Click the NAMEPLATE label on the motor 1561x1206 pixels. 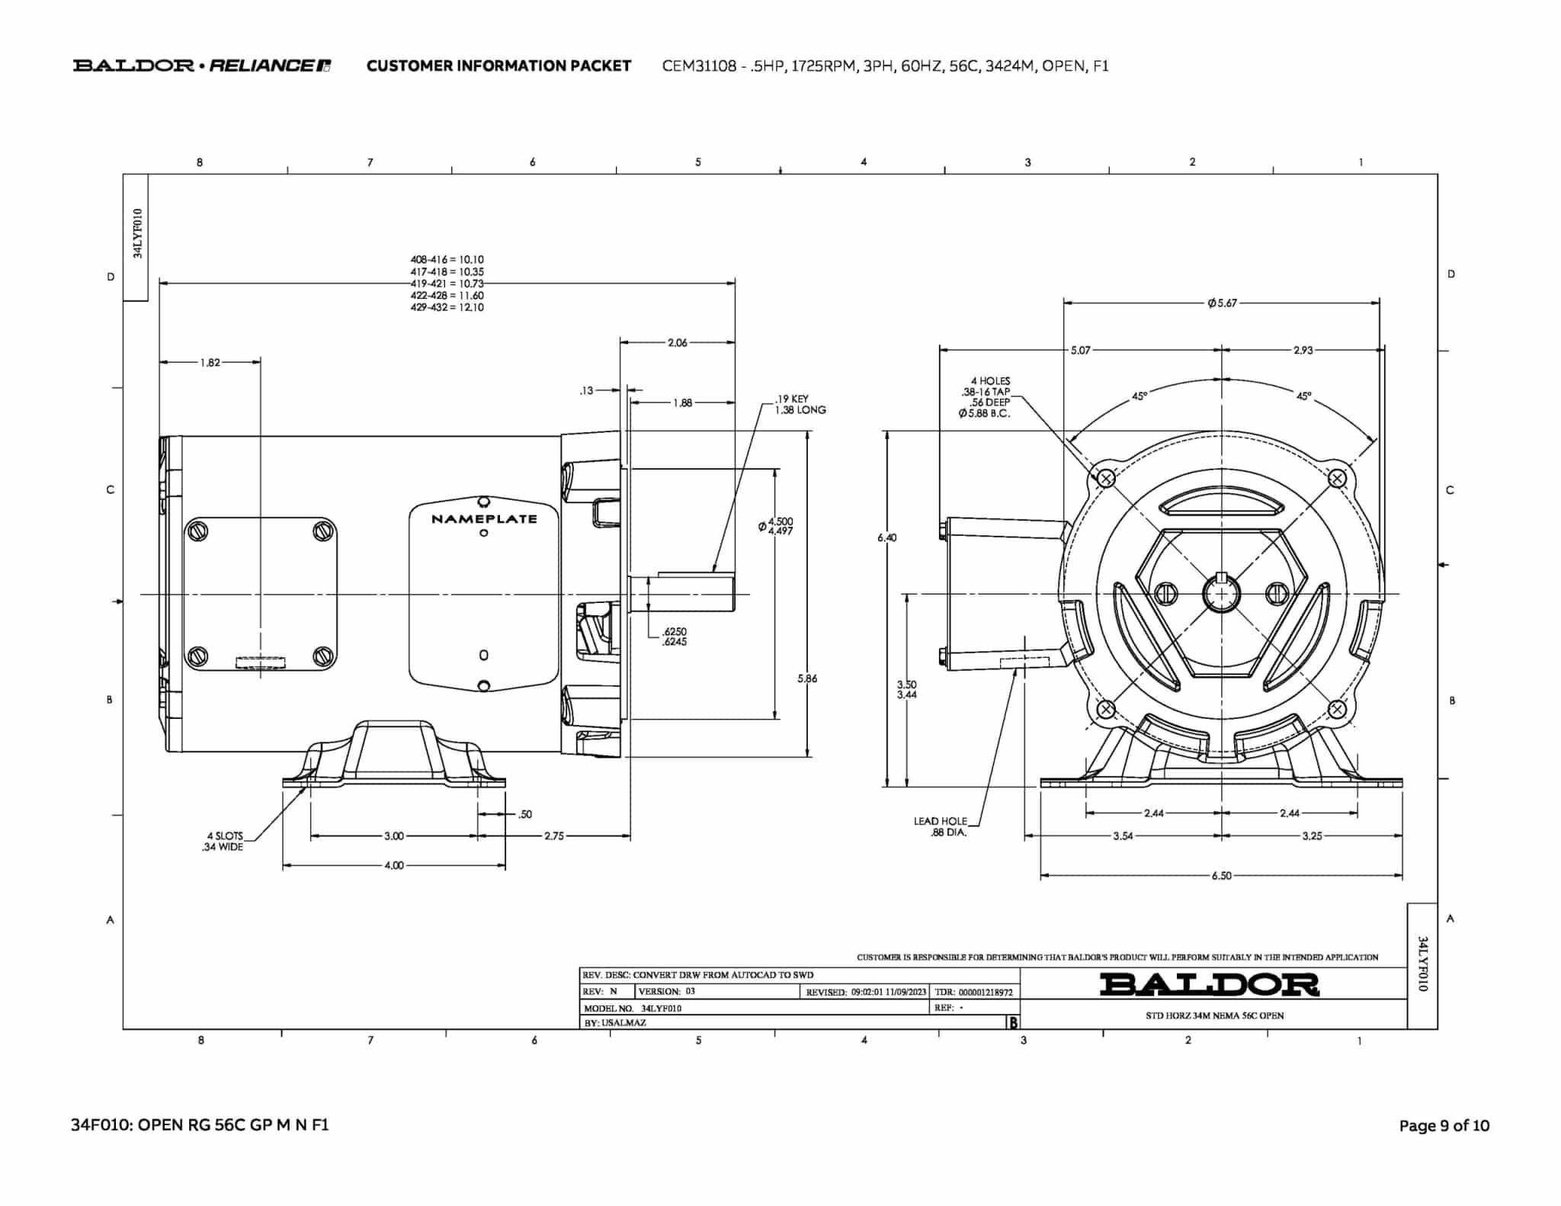pyautogui.click(x=484, y=519)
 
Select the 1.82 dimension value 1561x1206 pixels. pyautogui.click(x=210, y=363)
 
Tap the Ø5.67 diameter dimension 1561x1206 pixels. pyautogui.click(x=1222, y=303)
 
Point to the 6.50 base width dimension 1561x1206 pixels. pyautogui.click(x=1221, y=876)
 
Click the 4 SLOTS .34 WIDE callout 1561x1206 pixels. pyautogui.click(x=224, y=842)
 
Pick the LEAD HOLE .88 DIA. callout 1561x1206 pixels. pyautogui.click(x=941, y=827)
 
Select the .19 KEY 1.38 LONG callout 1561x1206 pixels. pyautogui.click(x=800, y=404)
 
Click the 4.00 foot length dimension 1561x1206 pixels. pyautogui.click(x=394, y=866)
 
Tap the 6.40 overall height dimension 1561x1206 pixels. pyautogui.click(x=887, y=537)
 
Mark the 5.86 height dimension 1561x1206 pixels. pyautogui.click(x=807, y=678)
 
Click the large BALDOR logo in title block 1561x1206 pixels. pyautogui.click(x=1209, y=984)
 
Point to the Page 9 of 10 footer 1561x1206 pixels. pyautogui.click(x=1444, y=1126)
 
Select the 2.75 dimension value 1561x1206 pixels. pyautogui.click(x=554, y=836)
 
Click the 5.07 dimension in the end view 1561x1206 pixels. pyautogui.click(x=1080, y=351)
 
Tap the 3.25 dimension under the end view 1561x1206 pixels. pyautogui.click(x=1312, y=836)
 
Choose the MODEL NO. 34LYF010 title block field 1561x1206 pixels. pyautogui.click(x=633, y=1008)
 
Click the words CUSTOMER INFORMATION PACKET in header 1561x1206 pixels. pyautogui.click(x=498, y=66)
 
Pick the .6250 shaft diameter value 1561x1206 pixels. pyautogui.click(x=675, y=631)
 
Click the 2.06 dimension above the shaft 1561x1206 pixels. pyautogui.click(x=678, y=343)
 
